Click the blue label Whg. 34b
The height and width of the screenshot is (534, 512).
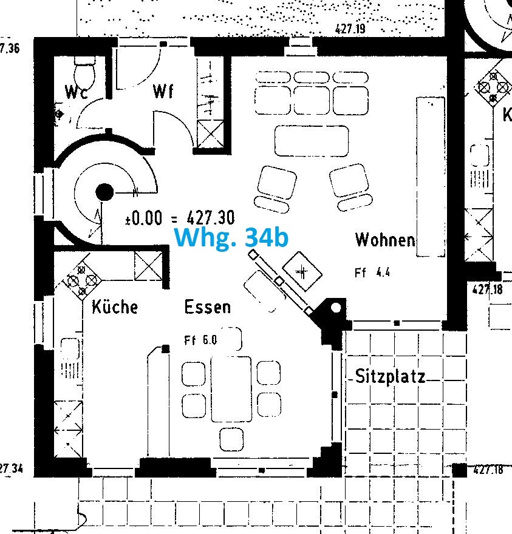(231, 238)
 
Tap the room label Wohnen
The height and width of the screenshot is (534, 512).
(385, 240)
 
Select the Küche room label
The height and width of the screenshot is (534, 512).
(115, 307)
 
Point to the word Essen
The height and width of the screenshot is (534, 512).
(208, 307)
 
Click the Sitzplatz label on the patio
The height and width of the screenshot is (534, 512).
(390, 377)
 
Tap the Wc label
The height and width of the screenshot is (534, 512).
(77, 93)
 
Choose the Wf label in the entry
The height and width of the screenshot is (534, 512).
(163, 92)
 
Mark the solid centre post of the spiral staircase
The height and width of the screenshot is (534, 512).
(104, 192)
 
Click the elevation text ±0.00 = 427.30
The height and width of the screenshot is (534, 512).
(179, 218)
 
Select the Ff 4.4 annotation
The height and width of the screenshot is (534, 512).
(372, 273)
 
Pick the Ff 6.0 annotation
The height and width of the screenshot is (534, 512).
(200, 340)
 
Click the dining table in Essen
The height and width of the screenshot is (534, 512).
(231, 388)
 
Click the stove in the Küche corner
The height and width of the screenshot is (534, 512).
(81, 280)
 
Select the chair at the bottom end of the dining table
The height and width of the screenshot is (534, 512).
(231, 438)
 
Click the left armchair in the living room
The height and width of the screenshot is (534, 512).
(276, 185)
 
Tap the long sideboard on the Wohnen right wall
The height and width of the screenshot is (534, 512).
(431, 176)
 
